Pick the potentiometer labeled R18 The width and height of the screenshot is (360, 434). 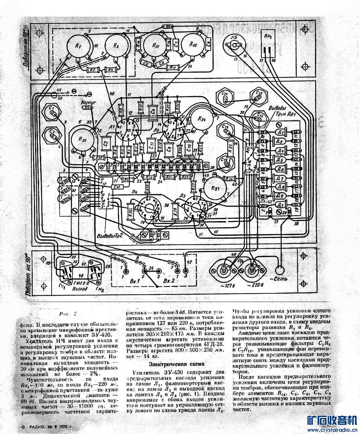pyautogui.click(x=193, y=45)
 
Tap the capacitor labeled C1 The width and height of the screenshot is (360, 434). pyautogui.click(x=53, y=112)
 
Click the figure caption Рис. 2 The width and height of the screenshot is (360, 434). pyautogui.click(x=68, y=314)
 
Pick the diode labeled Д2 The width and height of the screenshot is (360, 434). pyautogui.click(x=280, y=132)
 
